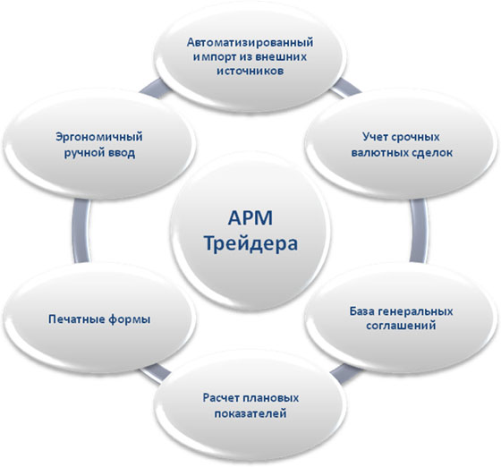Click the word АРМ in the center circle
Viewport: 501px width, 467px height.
coord(250,218)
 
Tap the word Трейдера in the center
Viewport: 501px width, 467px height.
coord(250,243)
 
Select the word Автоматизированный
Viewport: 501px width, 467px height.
coord(250,42)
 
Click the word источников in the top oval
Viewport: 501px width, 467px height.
coord(250,71)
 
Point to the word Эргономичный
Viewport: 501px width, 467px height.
coord(99,138)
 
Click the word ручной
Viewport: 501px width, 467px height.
coord(82,153)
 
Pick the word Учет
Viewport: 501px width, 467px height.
coord(375,137)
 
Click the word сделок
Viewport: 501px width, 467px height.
coord(430,152)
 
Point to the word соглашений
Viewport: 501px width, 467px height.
coord(401,326)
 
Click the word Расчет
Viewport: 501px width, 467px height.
coord(221,398)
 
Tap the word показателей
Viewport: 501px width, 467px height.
coord(250,413)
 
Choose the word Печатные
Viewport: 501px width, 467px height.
coord(76,319)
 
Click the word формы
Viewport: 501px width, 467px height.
coord(130,319)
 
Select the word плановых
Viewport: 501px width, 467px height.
coord(270,398)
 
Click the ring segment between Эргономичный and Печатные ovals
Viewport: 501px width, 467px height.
coord(81,231)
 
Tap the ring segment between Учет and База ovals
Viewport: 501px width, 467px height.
coord(420,231)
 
